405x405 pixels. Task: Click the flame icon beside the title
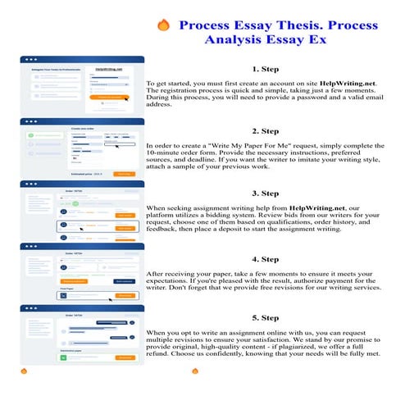coord(163,25)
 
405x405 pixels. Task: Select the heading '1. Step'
coord(267,70)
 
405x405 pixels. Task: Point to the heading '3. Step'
coord(267,193)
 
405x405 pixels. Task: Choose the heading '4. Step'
coord(267,259)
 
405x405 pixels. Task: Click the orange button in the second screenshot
coord(125,174)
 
